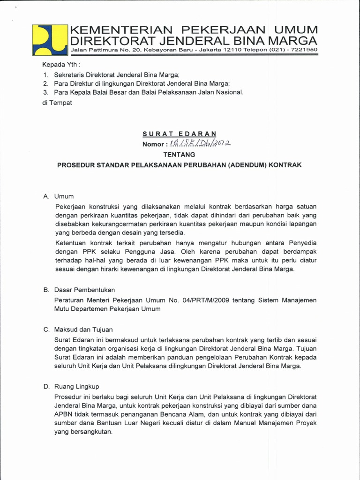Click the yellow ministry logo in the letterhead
tap(50, 39)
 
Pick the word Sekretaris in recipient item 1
tap(69, 75)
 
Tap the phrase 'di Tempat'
tap(57, 103)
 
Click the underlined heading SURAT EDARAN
tap(180, 134)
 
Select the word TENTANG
tap(180, 154)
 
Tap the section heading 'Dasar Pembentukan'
tap(84, 290)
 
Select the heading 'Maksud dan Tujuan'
tap(83, 330)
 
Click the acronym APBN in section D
tap(64, 414)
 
